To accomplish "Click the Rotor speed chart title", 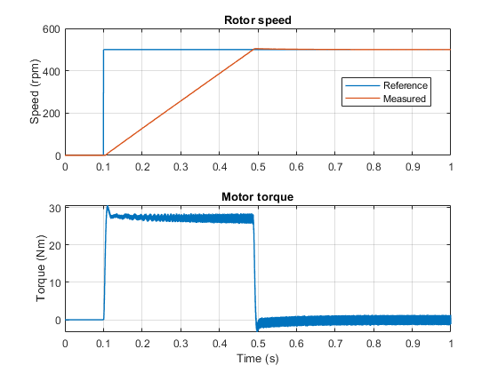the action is (258, 20).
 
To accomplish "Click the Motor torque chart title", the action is (257, 196).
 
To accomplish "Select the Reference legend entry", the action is (406, 85).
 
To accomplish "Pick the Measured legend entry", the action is (405, 99).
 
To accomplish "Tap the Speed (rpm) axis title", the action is (35, 91).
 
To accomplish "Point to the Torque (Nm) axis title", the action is (41, 268).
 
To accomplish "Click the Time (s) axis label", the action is (258, 359).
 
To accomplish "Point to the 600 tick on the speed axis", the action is (52, 29).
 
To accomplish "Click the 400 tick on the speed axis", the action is (52, 71).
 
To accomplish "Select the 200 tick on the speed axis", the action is (52, 114).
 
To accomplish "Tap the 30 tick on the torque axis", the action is (55, 209).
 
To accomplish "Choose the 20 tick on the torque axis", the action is (55, 245).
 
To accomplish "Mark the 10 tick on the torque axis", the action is (55, 282).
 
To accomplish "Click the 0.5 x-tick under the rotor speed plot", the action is (258, 167).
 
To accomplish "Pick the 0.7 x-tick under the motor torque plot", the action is (335, 344).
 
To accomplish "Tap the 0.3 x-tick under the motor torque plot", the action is (181, 344).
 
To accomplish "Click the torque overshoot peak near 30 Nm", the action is (108, 207).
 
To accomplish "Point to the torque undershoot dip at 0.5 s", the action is (257, 329).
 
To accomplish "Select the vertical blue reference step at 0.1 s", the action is (103, 102).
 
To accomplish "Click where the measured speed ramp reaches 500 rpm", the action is (254, 49).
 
